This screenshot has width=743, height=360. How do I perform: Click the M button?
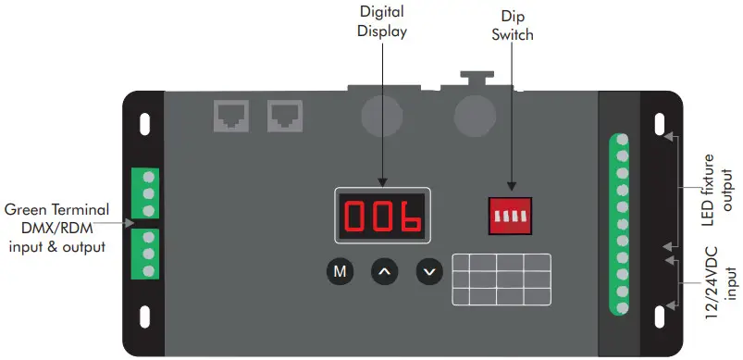(x=340, y=272)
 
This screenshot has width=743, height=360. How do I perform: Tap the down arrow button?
(x=428, y=272)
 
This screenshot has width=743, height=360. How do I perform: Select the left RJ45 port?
(x=229, y=116)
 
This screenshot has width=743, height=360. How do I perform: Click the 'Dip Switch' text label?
(x=511, y=29)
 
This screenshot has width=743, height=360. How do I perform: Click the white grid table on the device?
(x=501, y=279)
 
